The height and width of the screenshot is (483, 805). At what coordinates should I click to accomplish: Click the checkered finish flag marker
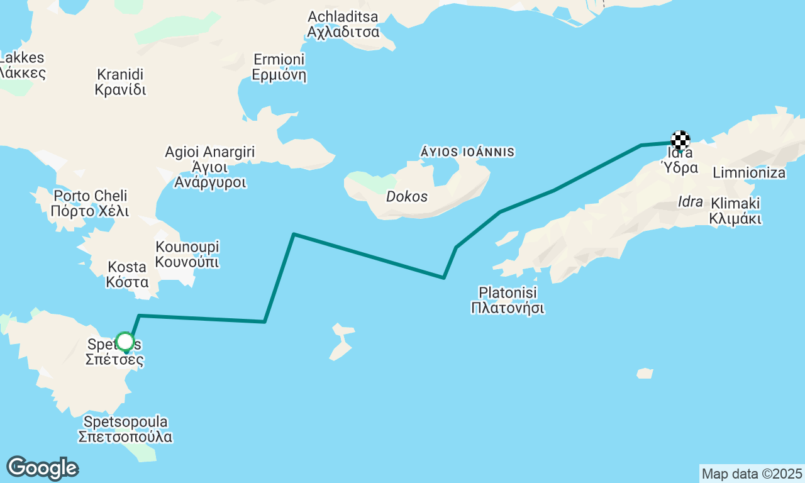tap(680, 140)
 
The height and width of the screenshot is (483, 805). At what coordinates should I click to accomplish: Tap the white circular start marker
tap(125, 342)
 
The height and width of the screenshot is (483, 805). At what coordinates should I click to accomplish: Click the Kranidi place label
tap(120, 82)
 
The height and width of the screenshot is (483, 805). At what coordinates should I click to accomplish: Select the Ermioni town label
tap(279, 67)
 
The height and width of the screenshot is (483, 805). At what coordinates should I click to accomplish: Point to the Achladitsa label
tap(343, 24)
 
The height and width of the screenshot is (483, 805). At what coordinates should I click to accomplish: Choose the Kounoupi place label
tap(187, 254)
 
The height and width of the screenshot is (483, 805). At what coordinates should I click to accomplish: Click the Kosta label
tap(128, 274)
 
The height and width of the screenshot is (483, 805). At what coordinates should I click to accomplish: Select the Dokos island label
tap(407, 197)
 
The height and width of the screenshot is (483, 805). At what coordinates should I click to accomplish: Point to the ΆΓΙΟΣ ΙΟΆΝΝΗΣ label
tap(467, 152)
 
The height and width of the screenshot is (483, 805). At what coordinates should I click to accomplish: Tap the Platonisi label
tap(508, 300)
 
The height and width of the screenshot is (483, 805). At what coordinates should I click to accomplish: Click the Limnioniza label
tap(749, 172)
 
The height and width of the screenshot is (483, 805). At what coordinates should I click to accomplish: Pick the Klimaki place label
tap(735, 211)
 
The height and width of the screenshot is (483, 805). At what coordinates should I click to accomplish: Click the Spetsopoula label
tap(125, 429)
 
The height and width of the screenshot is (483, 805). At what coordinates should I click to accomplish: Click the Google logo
tap(42, 468)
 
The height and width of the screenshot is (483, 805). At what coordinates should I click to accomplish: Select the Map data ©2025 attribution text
tap(752, 474)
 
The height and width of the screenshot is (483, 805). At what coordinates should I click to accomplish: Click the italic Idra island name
tap(691, 202)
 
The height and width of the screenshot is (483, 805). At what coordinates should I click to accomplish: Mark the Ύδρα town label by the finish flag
tap(679, 168)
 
